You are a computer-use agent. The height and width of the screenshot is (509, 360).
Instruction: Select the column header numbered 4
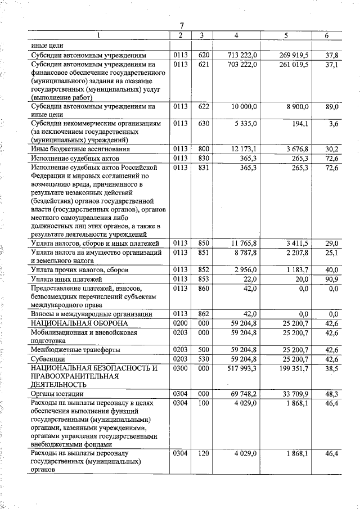236,35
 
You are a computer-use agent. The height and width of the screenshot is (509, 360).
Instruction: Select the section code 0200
180,323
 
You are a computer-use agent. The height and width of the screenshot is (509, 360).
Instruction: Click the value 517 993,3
240,368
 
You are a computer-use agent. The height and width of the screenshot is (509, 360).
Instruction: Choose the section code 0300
180,368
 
